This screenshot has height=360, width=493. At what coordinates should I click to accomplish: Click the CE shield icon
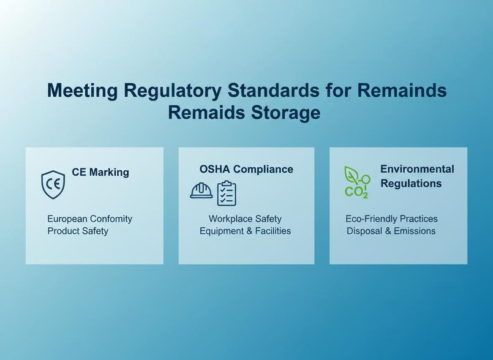(53, 184)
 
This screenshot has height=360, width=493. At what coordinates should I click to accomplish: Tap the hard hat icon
(201, 190)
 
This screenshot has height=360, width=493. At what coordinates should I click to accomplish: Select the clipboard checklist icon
(227, 193)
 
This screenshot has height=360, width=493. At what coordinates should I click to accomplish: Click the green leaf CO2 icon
(357, 182)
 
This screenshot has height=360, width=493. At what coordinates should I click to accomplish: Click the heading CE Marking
(100, 172)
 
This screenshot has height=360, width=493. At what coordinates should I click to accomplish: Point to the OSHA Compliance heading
(246, 169)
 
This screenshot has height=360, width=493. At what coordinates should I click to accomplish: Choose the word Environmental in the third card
(417, 169)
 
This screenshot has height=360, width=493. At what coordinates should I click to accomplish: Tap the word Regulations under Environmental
(411, 183)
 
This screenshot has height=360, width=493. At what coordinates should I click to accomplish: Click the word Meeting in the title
(83, 90)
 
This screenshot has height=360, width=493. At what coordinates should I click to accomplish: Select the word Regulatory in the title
(173, 90)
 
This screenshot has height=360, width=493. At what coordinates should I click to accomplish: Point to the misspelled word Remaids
(206, 112)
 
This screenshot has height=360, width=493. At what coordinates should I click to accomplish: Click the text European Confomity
(89, 219)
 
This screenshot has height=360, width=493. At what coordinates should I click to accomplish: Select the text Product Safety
(78, 231)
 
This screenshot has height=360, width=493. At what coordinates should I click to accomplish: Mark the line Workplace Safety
(245, 219)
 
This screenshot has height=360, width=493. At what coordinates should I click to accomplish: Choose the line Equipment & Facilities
(245, 231)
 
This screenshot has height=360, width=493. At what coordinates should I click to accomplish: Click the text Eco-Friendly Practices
(391, 219)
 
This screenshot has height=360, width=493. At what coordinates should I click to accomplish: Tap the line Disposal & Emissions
(391, 231)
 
